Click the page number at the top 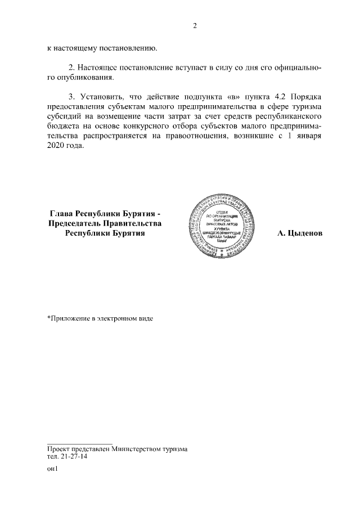click(195, 25)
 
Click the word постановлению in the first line click(124, 48)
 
